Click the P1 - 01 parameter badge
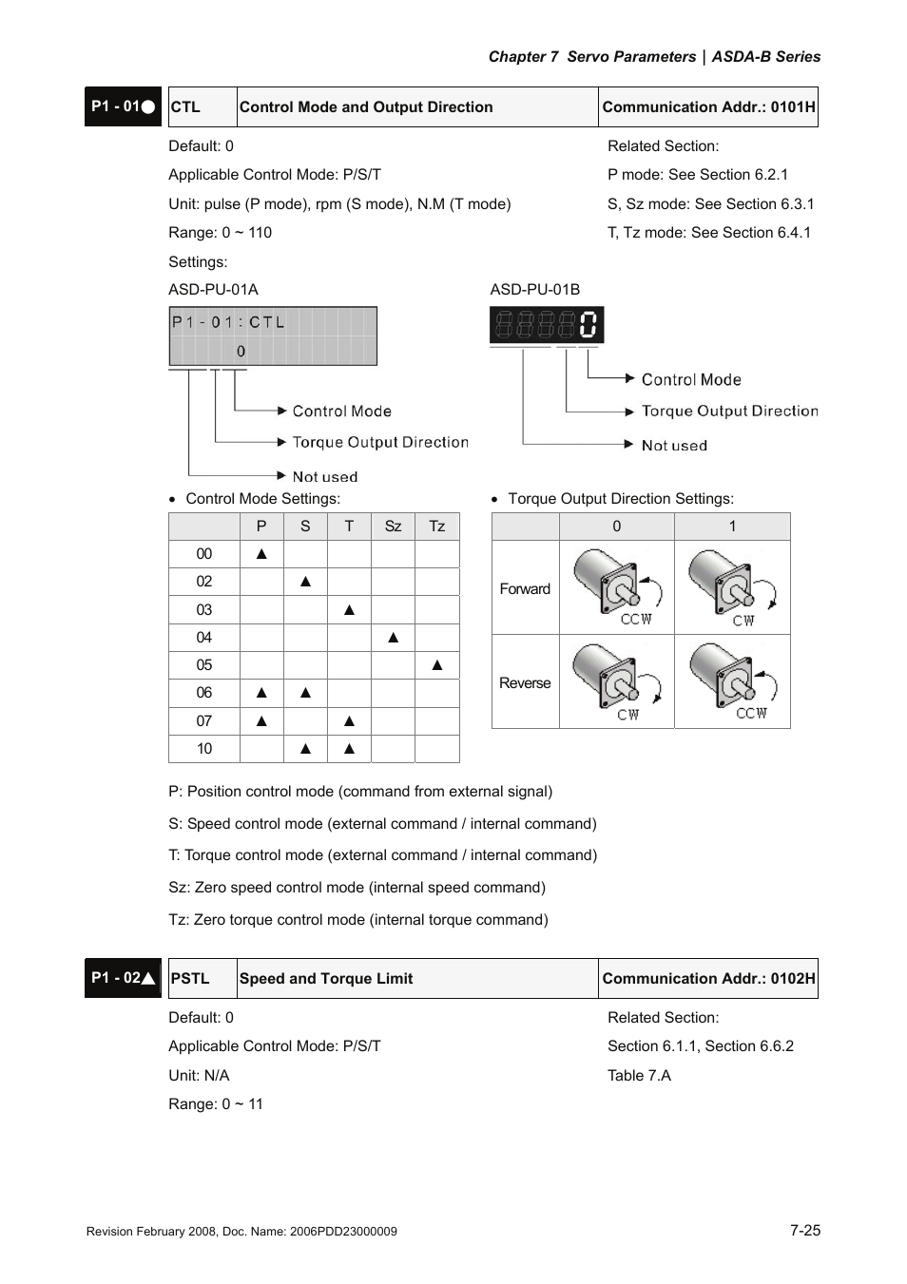[x=123, y=106]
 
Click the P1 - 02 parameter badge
[x=123, y=978]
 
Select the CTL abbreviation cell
[x=186, y=107]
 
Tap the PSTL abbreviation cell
[x=190, y=979]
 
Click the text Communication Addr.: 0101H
[x=708, y=107]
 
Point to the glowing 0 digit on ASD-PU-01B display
[x=589, y=325]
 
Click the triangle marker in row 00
[x=261, y=554]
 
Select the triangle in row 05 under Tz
[x=437, y=665]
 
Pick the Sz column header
[x=393, y=527]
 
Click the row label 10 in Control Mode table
[x=204, y=749]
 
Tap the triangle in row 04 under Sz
[x=393, y=638]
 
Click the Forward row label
[x=525, y=589]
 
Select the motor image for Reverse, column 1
[x=733, y=681]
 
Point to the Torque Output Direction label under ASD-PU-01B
[x=729, y=412]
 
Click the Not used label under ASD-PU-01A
[x=325, y=477]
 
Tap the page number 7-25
[x=804, y=1230]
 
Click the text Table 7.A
[x=639, y=1076]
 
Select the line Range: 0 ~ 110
[x=220, y=233]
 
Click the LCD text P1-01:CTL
[x=228, y=323]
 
